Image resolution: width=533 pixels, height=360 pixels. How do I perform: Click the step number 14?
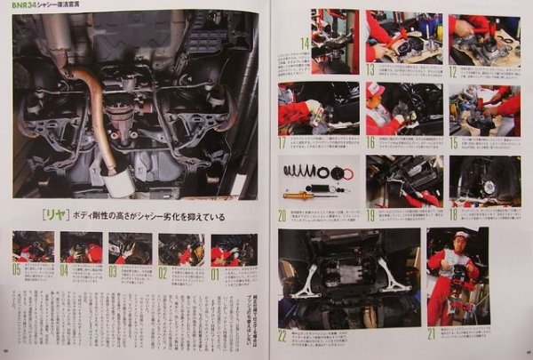click(305, 42)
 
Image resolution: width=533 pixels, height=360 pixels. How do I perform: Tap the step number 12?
click(455, 69)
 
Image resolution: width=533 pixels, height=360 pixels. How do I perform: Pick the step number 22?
click(282, 334)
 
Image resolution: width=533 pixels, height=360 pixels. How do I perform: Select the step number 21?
click(432, 333)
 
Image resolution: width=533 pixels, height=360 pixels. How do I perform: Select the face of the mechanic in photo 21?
click(460, 241)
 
